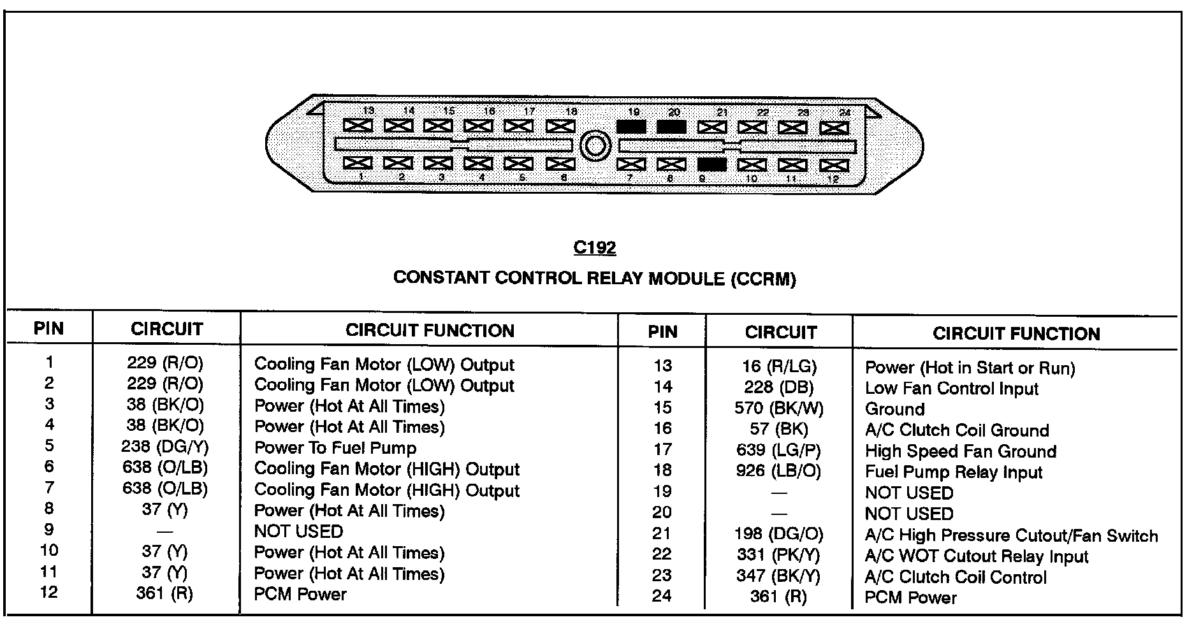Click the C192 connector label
pyautogui.click(x=594, y=248)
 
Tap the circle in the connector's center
pyautogui.click(x=595, y=146)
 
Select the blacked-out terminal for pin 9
pyautogui.click(x=711, y=165)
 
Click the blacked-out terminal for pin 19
pyautogui.click(x=631, y=127)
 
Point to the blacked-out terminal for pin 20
pyautogui.click(x=671, y=127)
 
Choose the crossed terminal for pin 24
pyautogui.click(x=833, y=128)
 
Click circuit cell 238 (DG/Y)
pyautogui.click(x=165, y=447)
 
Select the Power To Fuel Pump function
pyautogui.click(x=335, y=447)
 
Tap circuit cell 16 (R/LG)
pyautogui.click(x=779, y=366)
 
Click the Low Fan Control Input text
pyautogui.click(x=951, y=388)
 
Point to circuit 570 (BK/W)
pyautogui.click(x=778, y=408)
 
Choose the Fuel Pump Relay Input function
pyautogui.click(x=953, y=472)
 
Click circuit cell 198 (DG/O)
pyautogui.click(x=778, y=533)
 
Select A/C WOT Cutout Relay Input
pyautogui.click(x=976, y=556)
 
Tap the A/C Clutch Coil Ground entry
pyautogui.click(x=956, y=430)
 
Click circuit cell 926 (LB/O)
pyautogui.click(x=778, y=471)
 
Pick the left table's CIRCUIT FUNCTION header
pyautogui.click(x=430, y=330)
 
